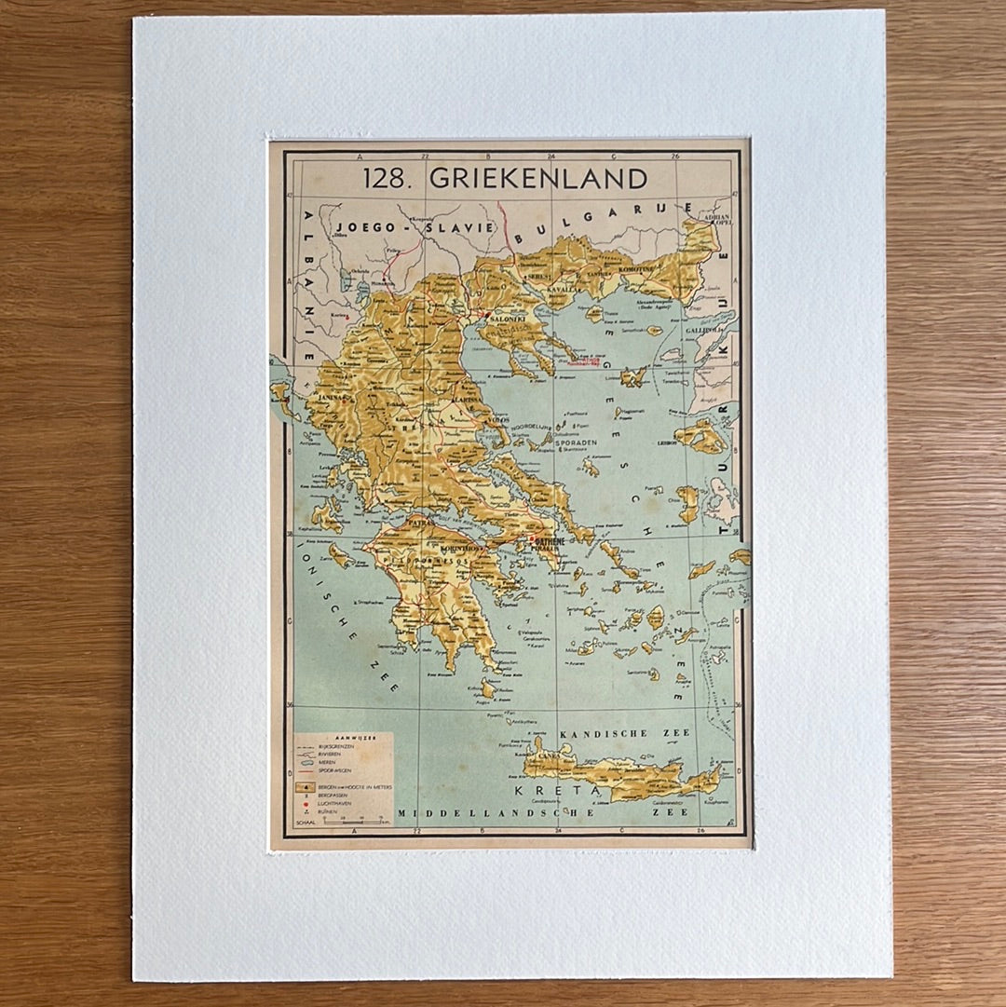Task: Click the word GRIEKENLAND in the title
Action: coord(537,179)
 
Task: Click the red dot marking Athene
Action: coord(531,538)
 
